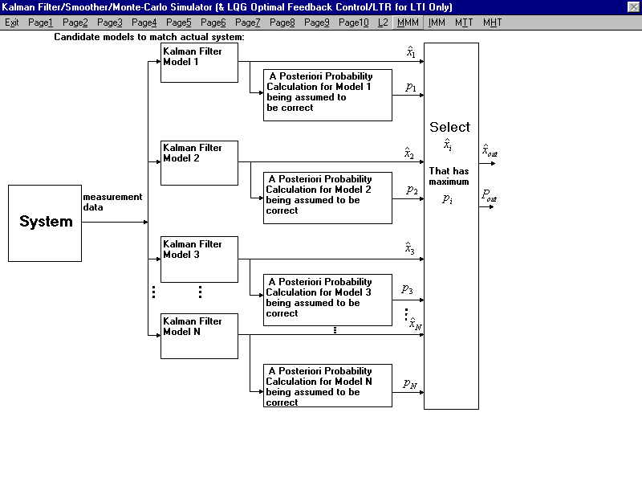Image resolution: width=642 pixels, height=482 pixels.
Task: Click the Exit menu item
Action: pyautogui.click(x=11, y=22)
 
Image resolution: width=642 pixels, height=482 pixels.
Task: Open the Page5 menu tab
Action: pyautogui.click(x=178, y=22)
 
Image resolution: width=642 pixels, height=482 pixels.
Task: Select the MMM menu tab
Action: pyautogui.click(x=408, y=22)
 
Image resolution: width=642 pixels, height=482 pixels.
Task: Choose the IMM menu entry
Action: pyautogui.click(x=437, y=22)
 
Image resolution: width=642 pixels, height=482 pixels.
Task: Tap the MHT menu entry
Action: pyautogui.click(x=492, y=22)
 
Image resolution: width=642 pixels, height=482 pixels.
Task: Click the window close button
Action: pyautogui.click(x=633, y=7)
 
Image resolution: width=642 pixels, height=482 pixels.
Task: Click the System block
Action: pyautogui.click(x=45, y=223)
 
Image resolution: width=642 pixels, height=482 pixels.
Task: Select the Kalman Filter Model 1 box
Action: pyautogui.click(x=199, y=63)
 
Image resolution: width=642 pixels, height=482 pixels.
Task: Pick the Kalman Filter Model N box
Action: pyautogui.click(x=199, y=336)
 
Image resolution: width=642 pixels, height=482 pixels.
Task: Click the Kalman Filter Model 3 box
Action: pyautogui.click(x=199, y=259)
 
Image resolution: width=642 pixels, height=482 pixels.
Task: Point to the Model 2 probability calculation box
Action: pyautogui.click(x=327, y=198)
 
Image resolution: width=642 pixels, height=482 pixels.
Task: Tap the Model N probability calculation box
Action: pyautogui.click(x=327, y=386)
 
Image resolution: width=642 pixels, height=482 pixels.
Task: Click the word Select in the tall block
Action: pyautogui.click(x=449, y=127)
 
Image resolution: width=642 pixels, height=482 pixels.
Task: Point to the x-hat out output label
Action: pyautogui.click(x=490, y=151)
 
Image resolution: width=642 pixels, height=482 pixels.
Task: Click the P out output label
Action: pyautogui.click(x=490, y=195)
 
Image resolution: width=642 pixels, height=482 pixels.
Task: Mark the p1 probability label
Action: pyautogui.click(x=411, y=88)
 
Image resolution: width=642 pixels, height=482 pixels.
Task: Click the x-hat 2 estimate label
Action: pyautogui.click(x=409, y=153)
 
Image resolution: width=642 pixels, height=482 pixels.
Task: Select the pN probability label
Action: pyautogui.click(x=410, y=384)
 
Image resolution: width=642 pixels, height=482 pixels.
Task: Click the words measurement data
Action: pyautogui.click(x=112, y=202)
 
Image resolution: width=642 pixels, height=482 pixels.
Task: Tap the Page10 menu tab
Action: pyautogui.click(x=353, y=22)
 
